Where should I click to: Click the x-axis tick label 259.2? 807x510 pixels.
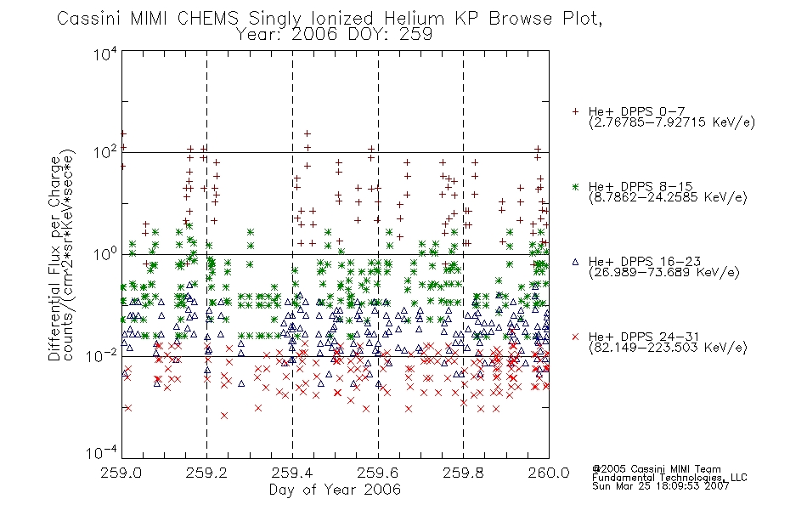coord(207,473)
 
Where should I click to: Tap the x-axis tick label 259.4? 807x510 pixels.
coord(292,473)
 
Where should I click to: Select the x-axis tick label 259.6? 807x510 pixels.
coord(378,473)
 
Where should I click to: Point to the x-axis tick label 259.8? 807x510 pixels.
coord(464,473)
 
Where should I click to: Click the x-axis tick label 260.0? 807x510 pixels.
coord(549,473)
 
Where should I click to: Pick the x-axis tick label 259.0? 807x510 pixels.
coord(121,473)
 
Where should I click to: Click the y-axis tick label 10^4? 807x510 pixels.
coord(105,54)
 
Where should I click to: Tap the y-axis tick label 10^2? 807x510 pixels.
coord(105,153)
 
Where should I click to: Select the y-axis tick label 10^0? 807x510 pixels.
coord(105,254)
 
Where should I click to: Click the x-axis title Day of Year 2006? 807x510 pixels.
coord(335,490)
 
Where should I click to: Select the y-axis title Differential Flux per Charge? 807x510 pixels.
coord(54,258)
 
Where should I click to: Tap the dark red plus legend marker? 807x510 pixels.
coord(575,111)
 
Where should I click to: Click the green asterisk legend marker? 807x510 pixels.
coord(575,186)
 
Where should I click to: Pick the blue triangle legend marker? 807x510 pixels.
coord(575,262)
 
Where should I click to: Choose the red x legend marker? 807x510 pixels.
coord(575,337)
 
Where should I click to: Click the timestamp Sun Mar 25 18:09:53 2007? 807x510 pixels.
coord(661,486)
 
